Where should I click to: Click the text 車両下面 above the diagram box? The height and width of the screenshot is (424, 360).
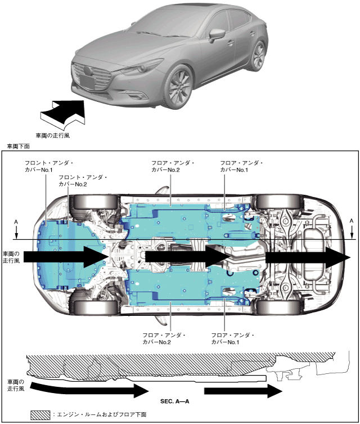click(x=18, y=146)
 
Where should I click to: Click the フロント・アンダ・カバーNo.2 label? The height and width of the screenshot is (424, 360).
click(x=82, y=180)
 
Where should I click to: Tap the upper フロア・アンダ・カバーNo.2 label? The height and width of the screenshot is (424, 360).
click(x=173, y=166)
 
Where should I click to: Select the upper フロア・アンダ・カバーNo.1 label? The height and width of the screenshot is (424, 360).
click(x=241, y=166)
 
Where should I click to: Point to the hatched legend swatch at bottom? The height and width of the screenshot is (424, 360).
click(x=40, y=414)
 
